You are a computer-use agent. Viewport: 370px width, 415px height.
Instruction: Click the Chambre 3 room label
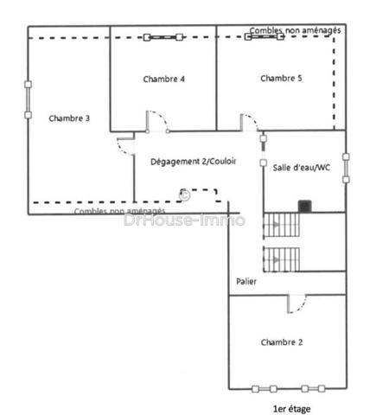[69, 118]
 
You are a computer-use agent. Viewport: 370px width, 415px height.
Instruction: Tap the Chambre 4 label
[163, 79]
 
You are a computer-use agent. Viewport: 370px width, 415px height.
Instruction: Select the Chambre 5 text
[281, 79]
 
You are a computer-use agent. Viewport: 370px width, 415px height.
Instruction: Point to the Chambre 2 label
[282, 342]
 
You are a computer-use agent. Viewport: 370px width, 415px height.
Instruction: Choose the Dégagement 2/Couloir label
[193, 162]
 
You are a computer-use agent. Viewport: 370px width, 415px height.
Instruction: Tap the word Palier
[246, 282]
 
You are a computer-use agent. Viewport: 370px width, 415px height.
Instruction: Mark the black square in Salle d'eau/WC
[304, 206]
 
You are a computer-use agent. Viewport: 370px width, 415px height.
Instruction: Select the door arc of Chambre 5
[248, 121]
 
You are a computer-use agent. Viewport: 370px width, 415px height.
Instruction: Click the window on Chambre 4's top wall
[163, 37]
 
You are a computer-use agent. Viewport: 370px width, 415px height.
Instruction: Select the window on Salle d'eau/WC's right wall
[345, 169]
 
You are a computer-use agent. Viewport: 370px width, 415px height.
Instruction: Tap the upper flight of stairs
[282, 225]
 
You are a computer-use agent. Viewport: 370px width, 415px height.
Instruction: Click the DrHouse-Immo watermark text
[184, 220]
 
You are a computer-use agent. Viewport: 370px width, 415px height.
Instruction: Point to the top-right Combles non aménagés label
[295, 29]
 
